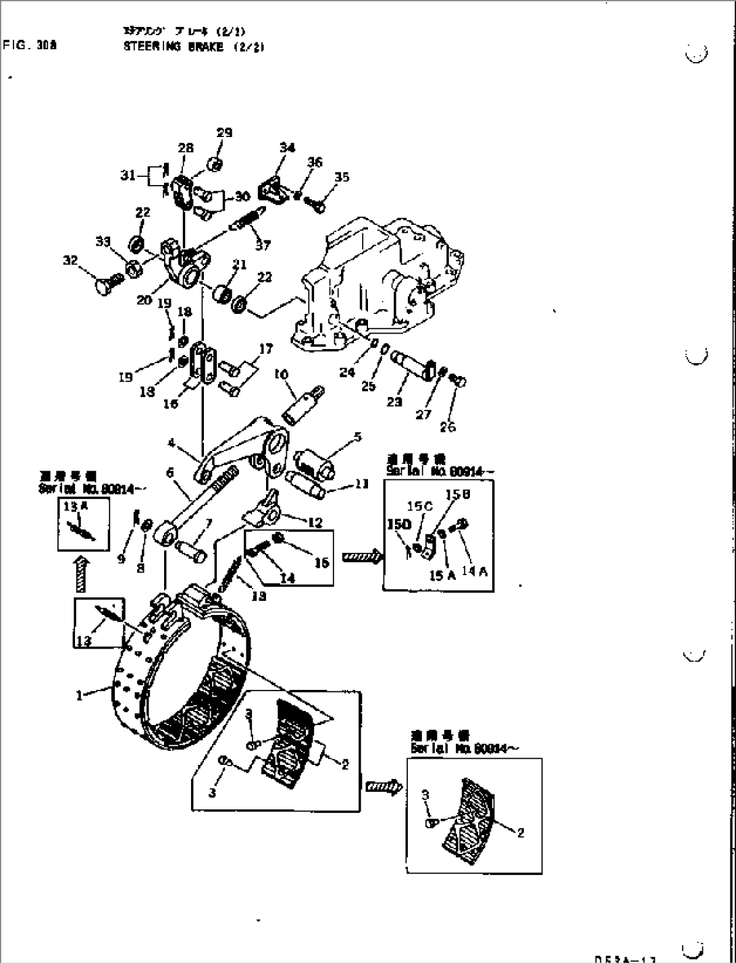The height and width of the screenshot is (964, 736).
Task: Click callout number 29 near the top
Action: coord(224,133)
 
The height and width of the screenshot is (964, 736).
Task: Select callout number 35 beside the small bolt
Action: coord(342,178)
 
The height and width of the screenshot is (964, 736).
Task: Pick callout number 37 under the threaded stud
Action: coord(262,246)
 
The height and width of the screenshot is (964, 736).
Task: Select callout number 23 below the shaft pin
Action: coord(394,402)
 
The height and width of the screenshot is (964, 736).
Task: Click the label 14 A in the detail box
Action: coord(474,572)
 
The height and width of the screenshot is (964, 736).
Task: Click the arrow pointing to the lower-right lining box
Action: coord(383,786)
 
